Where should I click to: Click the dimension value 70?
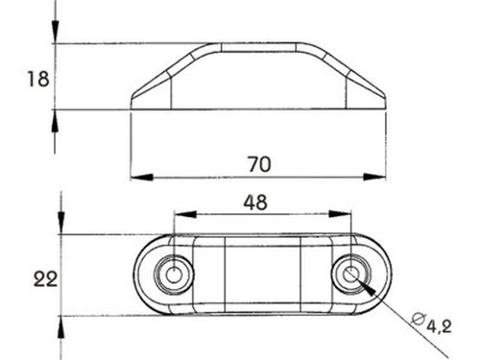tap(258, 163)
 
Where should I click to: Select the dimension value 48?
tap(255, 202)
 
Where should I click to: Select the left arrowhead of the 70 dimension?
tap(137, 177)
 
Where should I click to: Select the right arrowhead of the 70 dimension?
tap(379, 177)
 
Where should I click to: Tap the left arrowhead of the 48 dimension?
tap(180, 214)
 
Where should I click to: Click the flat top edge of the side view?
tap(257, 43)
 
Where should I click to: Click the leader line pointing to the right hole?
tap(384, 300)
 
